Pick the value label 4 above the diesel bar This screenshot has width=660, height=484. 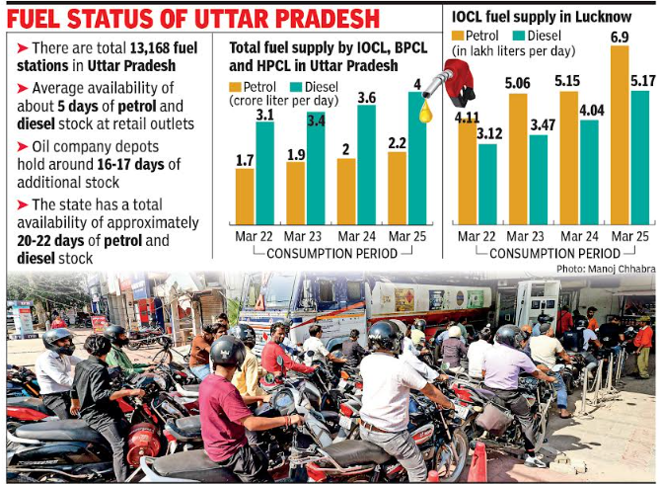[417, 83]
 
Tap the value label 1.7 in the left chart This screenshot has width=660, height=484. [245, 158]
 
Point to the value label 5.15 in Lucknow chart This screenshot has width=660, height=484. [567, 81]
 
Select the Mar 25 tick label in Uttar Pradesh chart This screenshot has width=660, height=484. [407, 237]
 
